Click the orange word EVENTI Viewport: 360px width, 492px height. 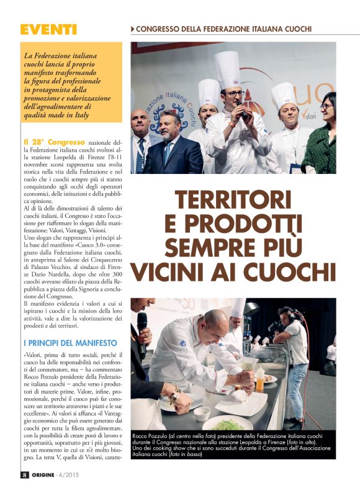click(x=48, y=29)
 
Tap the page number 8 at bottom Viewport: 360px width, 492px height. click(x=24, y=475)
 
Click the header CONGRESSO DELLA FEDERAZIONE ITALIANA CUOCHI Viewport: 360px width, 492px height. click(x=223, y=29)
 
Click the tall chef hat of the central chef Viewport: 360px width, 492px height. click(x=227, y=70)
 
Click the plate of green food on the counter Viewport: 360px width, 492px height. click(x=220, y=425)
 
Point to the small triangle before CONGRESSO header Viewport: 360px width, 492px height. click(x=133, y=29)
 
